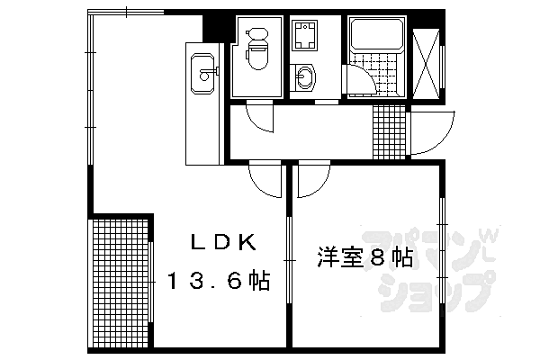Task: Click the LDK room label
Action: coord(224,242)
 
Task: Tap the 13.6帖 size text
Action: coord(218,281)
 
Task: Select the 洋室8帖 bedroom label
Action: coord(364,257)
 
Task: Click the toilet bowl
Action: coord(257,56)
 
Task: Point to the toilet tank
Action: coord(256,34)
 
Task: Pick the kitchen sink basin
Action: coord(202,73)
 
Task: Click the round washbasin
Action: coord(304,76)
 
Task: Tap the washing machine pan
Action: coord(304,35)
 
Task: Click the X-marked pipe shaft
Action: coord(427,64)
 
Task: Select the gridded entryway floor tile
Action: coord(389,131)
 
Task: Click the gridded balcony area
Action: coord(121,282)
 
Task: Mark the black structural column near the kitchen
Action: coord(212,28)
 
